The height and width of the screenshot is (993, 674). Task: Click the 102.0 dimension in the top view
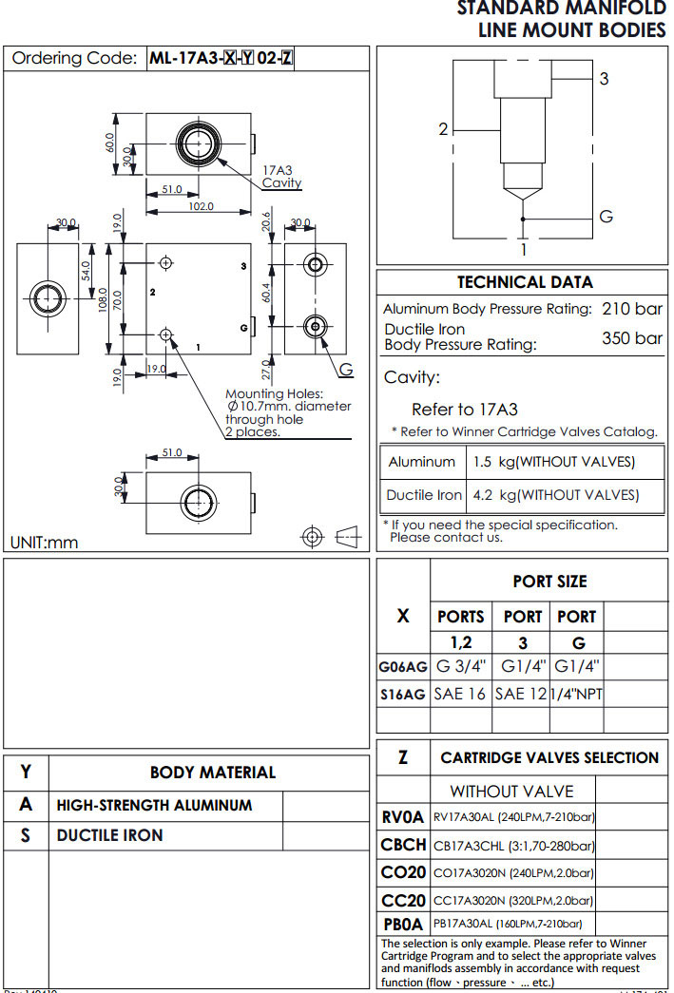click(201, 206)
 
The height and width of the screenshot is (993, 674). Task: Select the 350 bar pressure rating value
click(631, 337)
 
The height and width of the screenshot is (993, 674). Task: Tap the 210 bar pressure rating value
click(631, 309)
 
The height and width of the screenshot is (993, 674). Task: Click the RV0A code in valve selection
click(403, 816)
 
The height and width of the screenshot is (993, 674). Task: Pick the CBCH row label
click(403, 845)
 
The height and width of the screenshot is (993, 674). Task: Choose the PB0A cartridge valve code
click(403, 924)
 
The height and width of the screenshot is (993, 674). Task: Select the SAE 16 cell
click(461, 694)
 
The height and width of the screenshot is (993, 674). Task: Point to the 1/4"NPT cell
click(576, 694)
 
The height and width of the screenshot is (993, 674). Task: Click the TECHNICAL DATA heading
click(524, 282)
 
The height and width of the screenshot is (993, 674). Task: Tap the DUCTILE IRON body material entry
click(109, 835)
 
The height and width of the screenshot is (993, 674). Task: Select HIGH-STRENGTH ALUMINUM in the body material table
click(154, 805)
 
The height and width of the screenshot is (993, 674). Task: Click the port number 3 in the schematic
click(604, 80)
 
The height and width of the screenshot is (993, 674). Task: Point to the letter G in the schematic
click(606, 217)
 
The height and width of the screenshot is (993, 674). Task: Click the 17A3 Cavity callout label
click(281, 177)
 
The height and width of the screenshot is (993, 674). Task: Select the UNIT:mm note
click(44, 543)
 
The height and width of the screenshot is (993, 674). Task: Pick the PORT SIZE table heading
click(549, 582)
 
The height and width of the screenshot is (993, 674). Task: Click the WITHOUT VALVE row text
click(511, 791)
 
